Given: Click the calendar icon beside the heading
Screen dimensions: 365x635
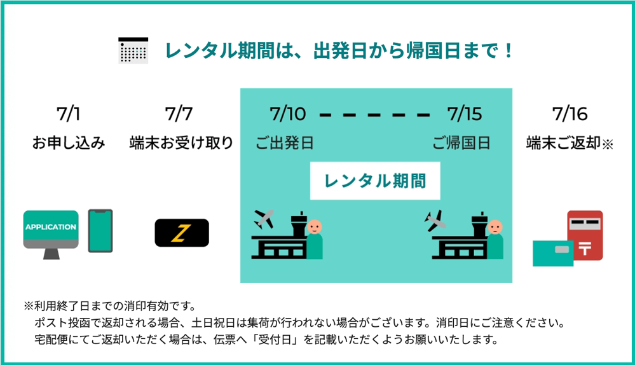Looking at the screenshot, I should (x=133, y=50).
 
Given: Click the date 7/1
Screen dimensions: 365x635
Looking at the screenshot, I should (x=69, y=114).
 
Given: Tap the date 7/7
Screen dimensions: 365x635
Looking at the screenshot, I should (x=179, y=114).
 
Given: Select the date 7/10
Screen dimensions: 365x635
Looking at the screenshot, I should (x=287, y=114).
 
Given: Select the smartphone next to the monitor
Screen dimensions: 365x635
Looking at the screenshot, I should (x=100, y=231).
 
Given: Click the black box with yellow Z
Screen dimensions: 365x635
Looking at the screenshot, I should (x=182, y=233).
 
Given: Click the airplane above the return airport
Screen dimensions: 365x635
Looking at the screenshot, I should (x=436, y=220).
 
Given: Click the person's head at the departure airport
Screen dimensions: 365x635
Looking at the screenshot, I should (x=314, y=226).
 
